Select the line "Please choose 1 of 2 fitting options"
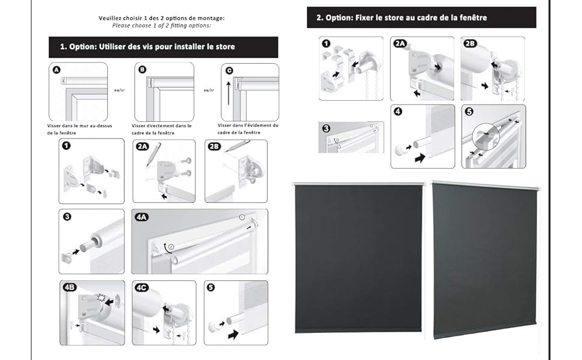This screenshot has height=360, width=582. coord(161,26)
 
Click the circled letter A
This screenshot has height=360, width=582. coord(56,70)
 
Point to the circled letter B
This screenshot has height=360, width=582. coord(142,70)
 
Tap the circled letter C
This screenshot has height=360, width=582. coord(229,71)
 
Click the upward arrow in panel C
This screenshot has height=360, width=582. coord(228,93)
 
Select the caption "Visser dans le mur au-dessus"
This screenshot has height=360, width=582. coord(79,126)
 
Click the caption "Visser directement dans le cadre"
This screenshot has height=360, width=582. coord(161,129)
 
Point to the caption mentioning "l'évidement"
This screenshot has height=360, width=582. coord(248,129)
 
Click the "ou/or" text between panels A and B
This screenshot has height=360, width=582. coord(119,90)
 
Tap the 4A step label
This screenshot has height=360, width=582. coord(142,217)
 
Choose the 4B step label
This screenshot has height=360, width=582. coord(70,287)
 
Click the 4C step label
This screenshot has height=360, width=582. coord(142,287)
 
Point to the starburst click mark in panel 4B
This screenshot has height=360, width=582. coord(101,298)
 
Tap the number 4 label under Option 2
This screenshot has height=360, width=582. coord(398,112)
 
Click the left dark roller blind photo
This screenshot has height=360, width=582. coord(358,258)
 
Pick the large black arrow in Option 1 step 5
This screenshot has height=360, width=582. coord(233,334)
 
